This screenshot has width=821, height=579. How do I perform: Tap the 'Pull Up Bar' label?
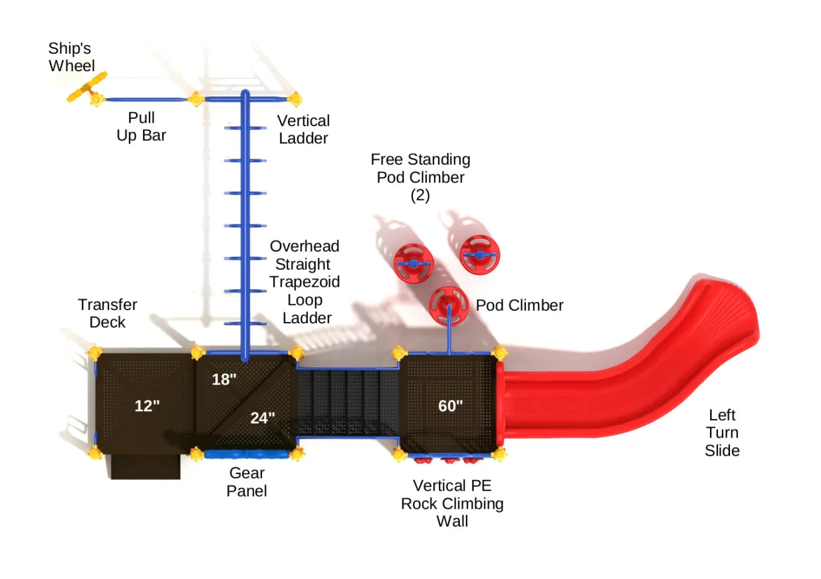[x=142, y=127]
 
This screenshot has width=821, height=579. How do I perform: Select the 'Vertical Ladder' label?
[x=303, y=129]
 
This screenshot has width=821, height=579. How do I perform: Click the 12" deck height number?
[x=147, y=406]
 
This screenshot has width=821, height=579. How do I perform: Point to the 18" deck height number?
[x=224, y=380]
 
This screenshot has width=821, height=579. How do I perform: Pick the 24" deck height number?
[x=263, y=418]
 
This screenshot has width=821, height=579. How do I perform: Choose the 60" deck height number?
[x=450, y=406]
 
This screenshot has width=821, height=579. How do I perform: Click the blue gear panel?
[x=246, y=455]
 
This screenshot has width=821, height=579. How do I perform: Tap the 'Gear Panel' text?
[x=247, y=482]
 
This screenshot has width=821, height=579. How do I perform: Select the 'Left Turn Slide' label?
[x=722, y=433]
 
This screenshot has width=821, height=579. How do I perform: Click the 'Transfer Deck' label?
[x=107, y=313]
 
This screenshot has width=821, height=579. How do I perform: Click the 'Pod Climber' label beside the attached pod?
[x=519, y=305]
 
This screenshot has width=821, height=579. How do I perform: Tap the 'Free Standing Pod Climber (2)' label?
[x=420, y=177]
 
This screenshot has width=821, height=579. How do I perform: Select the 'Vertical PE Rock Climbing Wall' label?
[x=452, y=503]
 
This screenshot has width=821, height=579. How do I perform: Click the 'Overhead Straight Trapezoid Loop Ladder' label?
[x=304, y=282]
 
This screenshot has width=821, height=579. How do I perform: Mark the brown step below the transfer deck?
[x=146, y=466]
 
